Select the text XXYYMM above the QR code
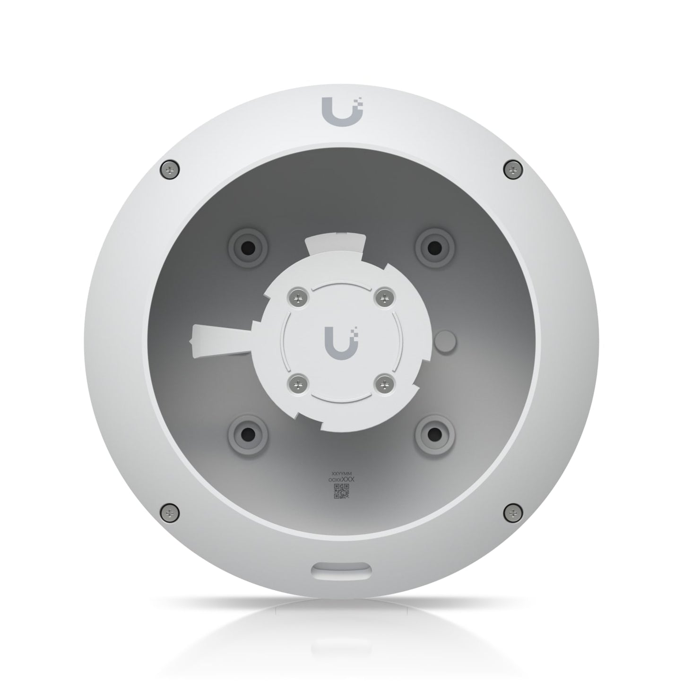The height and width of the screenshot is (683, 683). point(341,473)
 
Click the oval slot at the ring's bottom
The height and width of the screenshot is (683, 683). point(341,569)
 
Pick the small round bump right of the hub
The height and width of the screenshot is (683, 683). point(446,341)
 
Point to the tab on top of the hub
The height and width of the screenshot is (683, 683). point(337,244)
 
